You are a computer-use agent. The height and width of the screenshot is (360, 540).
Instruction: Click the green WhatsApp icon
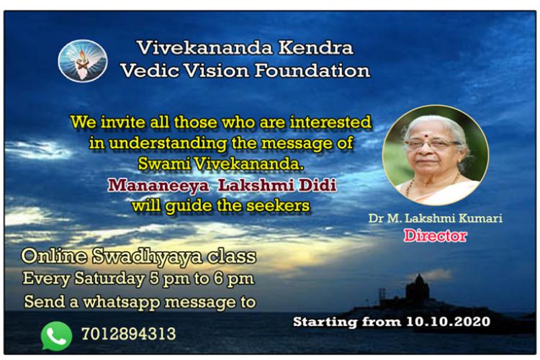click(x=56, y=336)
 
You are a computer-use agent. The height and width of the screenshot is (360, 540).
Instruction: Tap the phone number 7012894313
click(x=128, y=334)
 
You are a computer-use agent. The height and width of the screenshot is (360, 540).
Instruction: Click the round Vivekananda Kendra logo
click(x=83, y=60)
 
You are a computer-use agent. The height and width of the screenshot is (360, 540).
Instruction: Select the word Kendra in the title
click(x=315, y=48)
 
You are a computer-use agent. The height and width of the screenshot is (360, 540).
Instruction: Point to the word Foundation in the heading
click(x=312, y=71)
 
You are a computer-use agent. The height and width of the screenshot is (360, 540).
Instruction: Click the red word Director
click(x=436, y=236)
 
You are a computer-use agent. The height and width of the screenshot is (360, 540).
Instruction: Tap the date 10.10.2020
click(x=449, y=322)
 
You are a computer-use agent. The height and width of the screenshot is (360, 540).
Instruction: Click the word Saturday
click(x=109, y=279)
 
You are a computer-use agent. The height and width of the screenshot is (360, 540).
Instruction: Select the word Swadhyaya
click(x=147, y=256)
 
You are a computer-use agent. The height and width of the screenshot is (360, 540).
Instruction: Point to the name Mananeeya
click(x=158, y=185)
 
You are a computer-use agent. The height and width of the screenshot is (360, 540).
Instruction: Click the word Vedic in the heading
click(x=150, y=71)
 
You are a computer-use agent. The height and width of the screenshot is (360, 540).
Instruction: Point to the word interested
click(x=330, y=122)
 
